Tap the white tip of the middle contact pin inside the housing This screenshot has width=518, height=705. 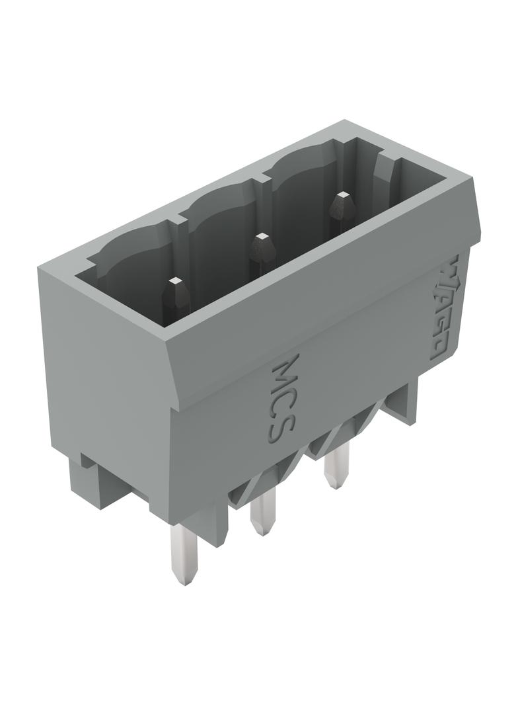[x=260, y=237]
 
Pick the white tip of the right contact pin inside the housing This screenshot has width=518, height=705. [x=342, y=196]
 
